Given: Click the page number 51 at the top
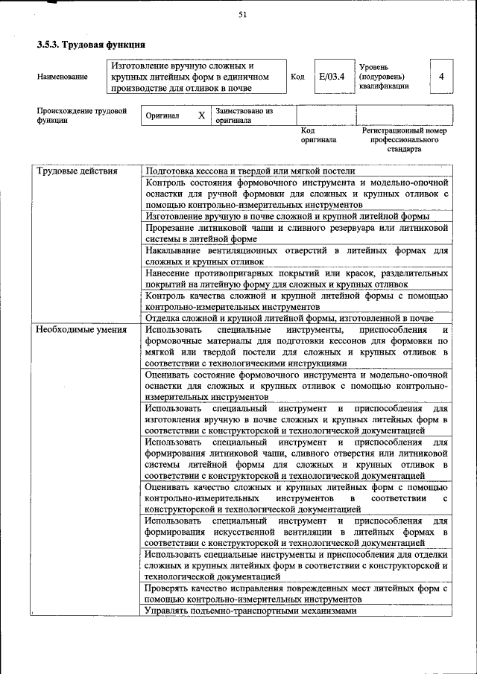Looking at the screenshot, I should pos(242,14).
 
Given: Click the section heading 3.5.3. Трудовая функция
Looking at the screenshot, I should pos(91,45).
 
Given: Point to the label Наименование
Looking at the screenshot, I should pos(62,77).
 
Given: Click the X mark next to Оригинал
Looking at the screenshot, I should pos(201,116).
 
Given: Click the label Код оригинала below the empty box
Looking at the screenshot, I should pos(318,135).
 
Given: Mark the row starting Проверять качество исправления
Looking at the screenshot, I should pos(296,593).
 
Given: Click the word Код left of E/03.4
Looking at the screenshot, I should pos(297,77).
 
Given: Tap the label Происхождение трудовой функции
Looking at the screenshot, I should pos(81,115).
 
